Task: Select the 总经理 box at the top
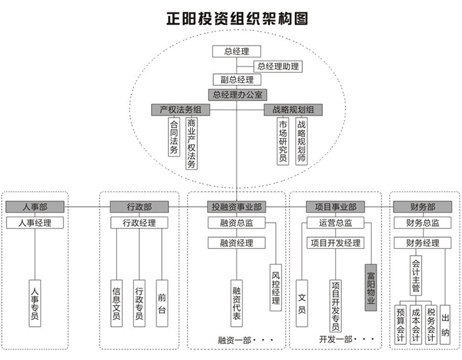(236, 52)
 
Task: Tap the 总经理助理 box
(278, 66)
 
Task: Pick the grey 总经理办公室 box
(236, 94)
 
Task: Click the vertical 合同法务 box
(174, 137)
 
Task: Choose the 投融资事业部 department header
(236, 207)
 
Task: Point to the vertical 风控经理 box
(276, 288)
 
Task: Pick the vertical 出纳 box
(445, 324)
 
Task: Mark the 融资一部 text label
(234, 340)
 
